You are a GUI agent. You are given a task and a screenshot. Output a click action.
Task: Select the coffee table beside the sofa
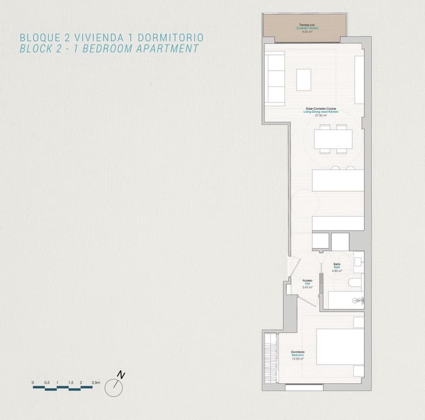(304, 79)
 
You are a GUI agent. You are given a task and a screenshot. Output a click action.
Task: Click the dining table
(333, 139)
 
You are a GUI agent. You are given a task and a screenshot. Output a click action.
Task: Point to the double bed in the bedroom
(340, 346)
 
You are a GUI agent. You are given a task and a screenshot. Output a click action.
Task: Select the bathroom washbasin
(358, 261)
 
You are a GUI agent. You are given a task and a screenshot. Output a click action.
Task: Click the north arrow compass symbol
(114, 386)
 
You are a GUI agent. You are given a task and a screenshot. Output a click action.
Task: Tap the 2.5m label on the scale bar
(96, 383)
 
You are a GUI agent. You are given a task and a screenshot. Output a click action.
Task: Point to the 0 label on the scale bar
(33, 383)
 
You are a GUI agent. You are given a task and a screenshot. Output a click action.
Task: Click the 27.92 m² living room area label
(321, 115)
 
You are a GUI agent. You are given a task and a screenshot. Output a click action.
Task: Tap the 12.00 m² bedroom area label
(298, 359)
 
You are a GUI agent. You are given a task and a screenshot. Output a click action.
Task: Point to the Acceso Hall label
(307, 284)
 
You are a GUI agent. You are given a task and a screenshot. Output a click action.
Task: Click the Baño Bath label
(337, 267)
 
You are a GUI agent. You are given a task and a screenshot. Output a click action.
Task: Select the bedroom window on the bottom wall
(304, 387)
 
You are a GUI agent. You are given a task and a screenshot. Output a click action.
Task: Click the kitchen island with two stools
(338, 180)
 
